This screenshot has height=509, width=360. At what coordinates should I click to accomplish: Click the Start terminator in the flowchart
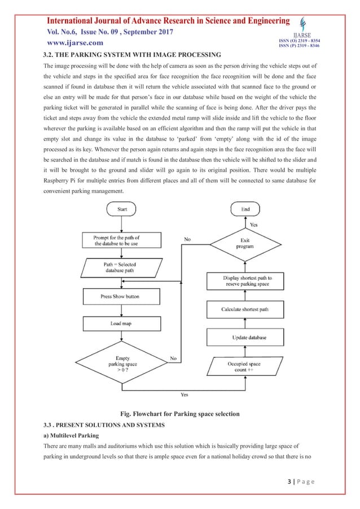tap(122, 209)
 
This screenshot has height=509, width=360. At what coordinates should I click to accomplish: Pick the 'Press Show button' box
tap(120, 296)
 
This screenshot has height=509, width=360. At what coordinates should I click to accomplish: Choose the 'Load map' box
tap(120, 324)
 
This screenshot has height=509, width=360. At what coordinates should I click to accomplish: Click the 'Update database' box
tap(249, 337)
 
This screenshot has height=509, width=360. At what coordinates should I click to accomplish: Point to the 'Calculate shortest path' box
tap(249, 309)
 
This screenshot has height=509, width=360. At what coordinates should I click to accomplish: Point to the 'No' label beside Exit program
tap(187, 239)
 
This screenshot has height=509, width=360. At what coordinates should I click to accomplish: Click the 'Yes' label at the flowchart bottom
tap(184, 394)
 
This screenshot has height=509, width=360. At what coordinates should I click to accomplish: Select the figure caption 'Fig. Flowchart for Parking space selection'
tap(179, 414)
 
